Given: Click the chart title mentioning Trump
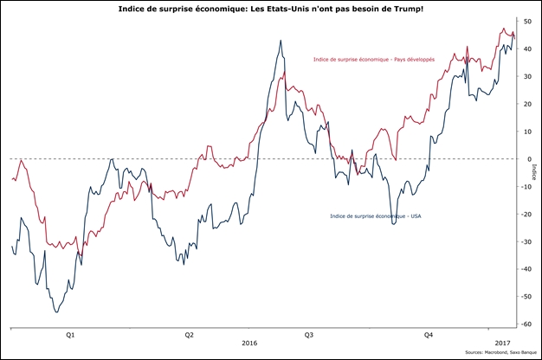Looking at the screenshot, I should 270,7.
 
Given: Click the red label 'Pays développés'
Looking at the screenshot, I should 373,59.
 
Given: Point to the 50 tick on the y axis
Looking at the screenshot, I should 526,21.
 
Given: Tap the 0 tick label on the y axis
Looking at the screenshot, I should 526,159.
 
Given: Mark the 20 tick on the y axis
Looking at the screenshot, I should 526,104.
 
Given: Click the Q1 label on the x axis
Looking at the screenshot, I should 70,333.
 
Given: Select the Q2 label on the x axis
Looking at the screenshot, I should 190,333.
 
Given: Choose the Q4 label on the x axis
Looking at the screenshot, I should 429,333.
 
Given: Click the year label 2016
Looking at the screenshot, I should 249,343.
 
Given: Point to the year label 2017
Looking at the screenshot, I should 501,343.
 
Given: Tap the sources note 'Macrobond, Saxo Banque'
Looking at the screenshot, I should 500,353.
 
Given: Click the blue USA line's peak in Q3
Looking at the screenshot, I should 281,40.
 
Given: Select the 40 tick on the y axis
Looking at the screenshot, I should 526,48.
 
